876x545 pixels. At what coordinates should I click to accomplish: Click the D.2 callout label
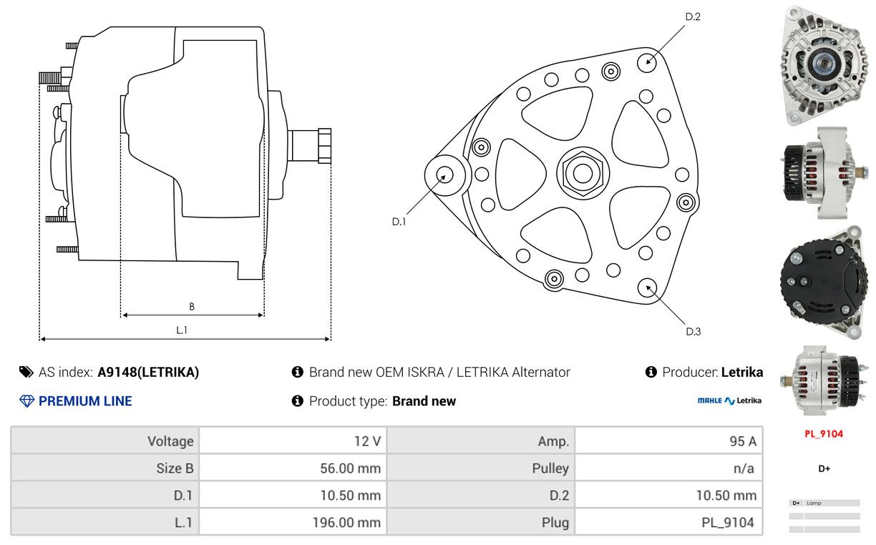tap(692, 16)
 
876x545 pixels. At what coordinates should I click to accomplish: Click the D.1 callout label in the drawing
tap(399, 222)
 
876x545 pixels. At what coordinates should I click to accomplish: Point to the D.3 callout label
tap(693, 331)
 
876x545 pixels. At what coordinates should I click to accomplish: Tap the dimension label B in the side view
tap(192, 307)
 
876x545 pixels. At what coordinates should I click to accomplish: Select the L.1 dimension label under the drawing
tap(182, 330)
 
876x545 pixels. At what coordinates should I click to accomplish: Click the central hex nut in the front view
tap(580, 172)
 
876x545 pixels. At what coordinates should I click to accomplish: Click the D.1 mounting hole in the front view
tap(444, 175)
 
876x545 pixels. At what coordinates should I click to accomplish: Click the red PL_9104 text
tap(823, 433)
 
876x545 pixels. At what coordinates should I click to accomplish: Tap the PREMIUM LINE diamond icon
tap(26, 401)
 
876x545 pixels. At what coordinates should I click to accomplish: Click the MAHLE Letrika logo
tap(729, 401)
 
